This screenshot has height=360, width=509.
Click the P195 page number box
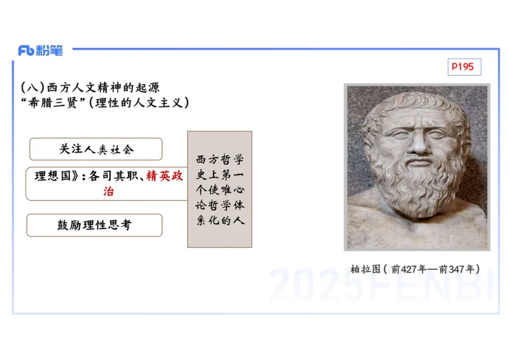click(x=464, y=66)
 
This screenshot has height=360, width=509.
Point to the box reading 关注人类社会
click(x=95, y=149)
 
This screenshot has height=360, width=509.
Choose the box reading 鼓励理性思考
click(x=94, y=225)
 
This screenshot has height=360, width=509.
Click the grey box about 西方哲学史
click(x=220, y=189)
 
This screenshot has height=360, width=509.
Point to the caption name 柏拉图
click(x=365, y=269)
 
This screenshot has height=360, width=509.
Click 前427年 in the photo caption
click(x=412, y=269)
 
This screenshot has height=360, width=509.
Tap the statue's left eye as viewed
click(x=396, y=135)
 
